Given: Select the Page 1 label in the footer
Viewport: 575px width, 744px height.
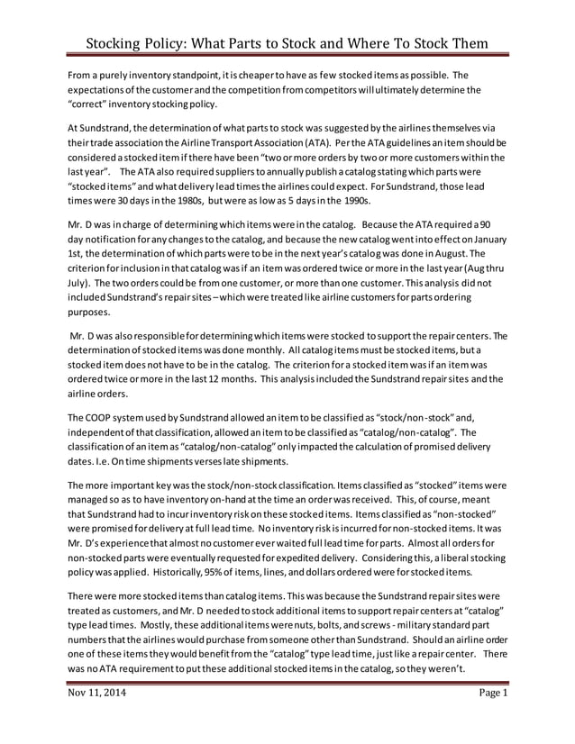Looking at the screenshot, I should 493,693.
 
